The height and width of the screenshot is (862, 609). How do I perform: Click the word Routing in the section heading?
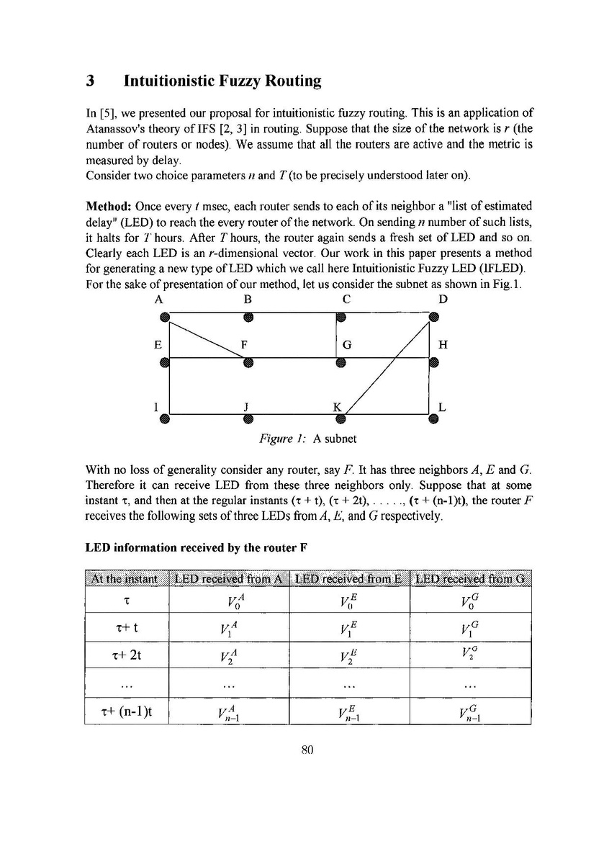pyautogui.click(x=285, y=81)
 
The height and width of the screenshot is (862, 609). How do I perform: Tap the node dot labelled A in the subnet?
pyautogui.click(x=165, y=315)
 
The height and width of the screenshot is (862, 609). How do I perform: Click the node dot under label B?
pyautogui.click(x=248, y=315)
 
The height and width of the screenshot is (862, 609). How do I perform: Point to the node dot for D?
pyautogui.click(x=433, y=315)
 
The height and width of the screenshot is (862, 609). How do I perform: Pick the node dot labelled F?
pyautogui.click(x=248, y=362)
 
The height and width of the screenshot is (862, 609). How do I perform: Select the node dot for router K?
pyautogui.click(x=341, y=418)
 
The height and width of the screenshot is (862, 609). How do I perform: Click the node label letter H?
pyautogui.click(x=443, y=345)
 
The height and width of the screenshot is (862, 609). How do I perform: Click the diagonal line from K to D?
pyautogui.click(x=387, y=367)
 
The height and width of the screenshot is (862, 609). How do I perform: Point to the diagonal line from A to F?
pyautogui.click(x=206, y=338)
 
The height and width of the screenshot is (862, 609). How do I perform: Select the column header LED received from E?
pyautogui.click(x=348, y=578)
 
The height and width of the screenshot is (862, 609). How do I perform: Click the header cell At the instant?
pyautogui.click(x=127, y=578)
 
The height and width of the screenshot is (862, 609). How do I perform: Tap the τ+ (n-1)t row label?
pyautogui.click(x=127, y=711)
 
